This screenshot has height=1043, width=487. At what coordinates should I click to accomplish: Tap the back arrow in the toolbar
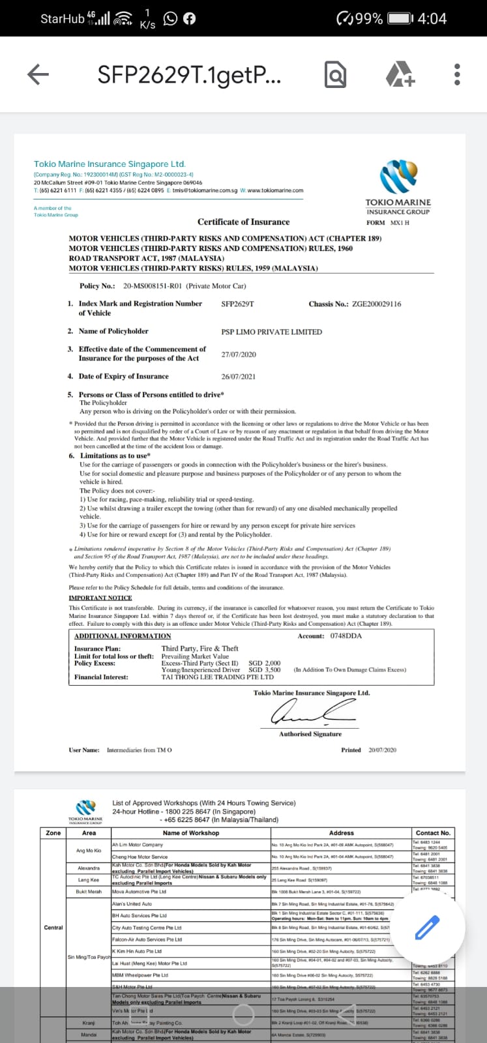38,75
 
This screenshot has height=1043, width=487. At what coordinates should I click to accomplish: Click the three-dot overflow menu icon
457,75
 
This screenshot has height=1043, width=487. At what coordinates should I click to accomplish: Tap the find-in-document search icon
335,75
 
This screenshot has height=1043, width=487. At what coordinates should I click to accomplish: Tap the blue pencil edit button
428,928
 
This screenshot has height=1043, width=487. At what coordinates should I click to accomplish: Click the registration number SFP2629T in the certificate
237,304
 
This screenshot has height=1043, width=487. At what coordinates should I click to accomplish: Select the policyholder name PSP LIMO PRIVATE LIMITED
271,332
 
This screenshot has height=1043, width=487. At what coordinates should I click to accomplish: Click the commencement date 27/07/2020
239,355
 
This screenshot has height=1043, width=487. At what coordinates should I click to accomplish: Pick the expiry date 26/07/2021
239,377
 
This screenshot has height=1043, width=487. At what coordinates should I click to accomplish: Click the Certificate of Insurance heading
243,222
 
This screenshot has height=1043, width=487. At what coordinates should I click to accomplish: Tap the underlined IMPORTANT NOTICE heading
100,598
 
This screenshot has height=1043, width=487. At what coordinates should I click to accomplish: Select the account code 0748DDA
346,636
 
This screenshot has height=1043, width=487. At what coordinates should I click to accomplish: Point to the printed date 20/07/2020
382,750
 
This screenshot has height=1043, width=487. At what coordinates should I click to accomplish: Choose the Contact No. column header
433,832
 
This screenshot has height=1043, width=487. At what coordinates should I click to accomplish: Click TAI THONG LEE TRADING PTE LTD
217,677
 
